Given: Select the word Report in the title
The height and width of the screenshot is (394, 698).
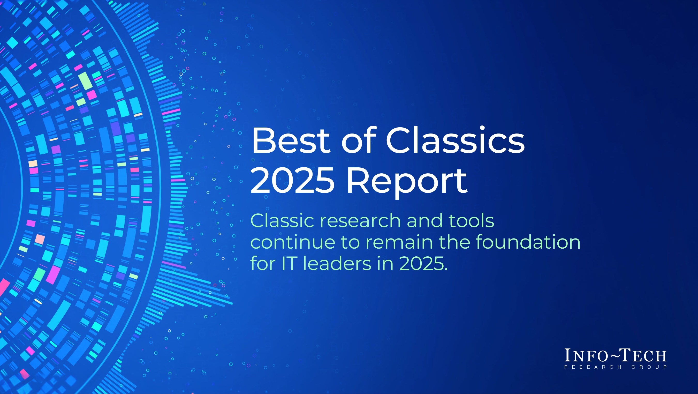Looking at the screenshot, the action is click(x=407, y=180).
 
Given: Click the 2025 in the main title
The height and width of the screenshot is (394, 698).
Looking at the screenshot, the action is click(x=292, y=180).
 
